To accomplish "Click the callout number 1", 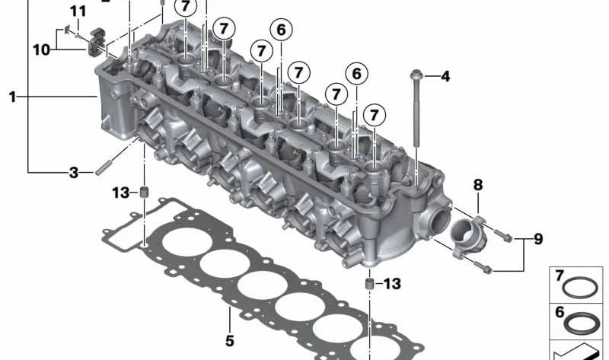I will coord(12,97).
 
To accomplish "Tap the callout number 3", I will coord(74,173).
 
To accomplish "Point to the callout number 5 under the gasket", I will coord(229,339).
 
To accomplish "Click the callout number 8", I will coord(477,185).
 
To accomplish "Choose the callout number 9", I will coord(537,240).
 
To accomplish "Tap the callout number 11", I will coord(78,11).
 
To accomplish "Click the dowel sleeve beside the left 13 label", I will coord(142,190).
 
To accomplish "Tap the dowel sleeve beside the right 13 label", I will coord(369,284).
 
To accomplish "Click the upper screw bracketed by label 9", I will coord(502,232).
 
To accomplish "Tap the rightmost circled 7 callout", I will coord(374,116).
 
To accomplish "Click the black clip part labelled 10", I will coord(96,38).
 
